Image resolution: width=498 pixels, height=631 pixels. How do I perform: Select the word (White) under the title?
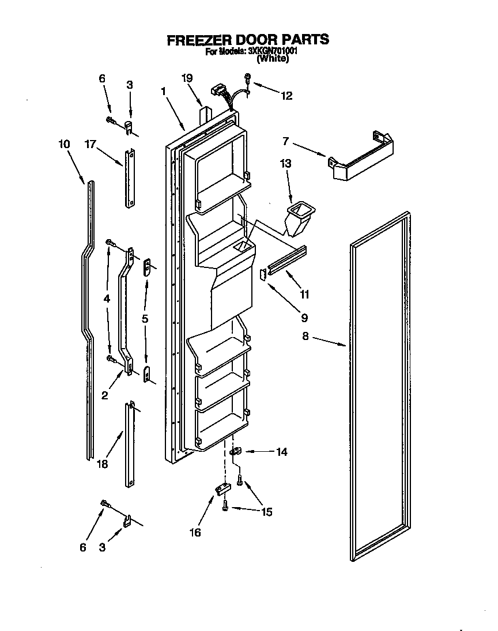click(x=272, y=58)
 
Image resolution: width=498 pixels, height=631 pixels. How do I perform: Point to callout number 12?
click(x=286, y=96)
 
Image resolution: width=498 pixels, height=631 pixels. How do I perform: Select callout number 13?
click(x=286, y=164)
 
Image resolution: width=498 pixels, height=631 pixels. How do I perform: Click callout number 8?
click(x=306, y=336)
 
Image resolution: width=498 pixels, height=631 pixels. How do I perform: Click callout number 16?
click(x=195, y=532)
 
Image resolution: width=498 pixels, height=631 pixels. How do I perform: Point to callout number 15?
click(x=266, y=512)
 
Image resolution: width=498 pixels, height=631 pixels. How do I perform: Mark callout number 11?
click(x=304, y=294)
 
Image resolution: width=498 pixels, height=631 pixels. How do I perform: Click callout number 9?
click(x=303, y=317)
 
